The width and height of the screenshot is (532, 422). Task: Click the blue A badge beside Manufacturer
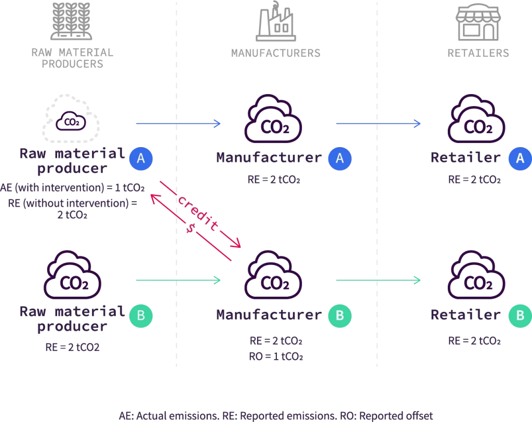point(339,159)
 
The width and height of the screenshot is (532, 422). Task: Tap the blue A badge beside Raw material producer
point(141,159)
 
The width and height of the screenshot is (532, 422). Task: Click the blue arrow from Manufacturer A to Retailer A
point(378,124)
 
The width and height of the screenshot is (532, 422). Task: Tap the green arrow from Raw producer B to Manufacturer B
point(178,281)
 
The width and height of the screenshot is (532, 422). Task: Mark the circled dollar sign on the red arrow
point(190,229)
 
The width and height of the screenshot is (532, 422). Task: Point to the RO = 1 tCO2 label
point(275,357)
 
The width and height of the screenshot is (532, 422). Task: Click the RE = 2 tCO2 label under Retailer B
point(474,341)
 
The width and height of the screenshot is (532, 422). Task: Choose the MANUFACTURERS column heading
point(275,53)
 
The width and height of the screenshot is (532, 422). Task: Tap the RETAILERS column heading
point(478,53)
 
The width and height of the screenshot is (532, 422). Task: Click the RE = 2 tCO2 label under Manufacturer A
point(274,180)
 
